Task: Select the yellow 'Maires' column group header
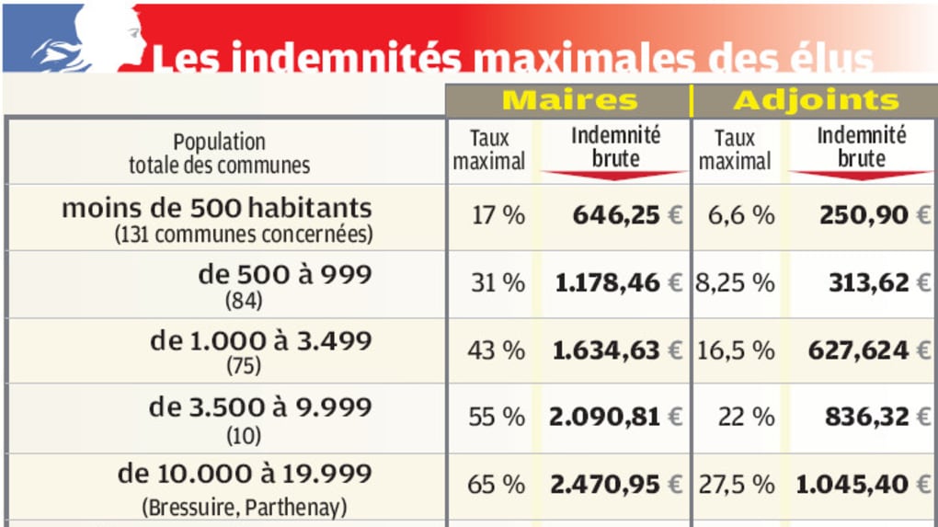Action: (x=569, y=100)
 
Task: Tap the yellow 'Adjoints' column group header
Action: (x=816, y=100)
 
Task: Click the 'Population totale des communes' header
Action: (x=219, y=154)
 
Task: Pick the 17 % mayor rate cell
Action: (x=497, y=215)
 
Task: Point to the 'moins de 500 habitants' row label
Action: (x=217, y=208)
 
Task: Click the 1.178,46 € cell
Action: (x=619, y=282)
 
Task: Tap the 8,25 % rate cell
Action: (x=735, y=282)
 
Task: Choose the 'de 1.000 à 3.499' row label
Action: (x=261, y=341)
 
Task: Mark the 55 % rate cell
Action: (x=497, y=417)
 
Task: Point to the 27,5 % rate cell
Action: (x=735, y=484)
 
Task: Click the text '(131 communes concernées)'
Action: (x=244, y=235)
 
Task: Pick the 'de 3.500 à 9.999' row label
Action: (x=261, y=407)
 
